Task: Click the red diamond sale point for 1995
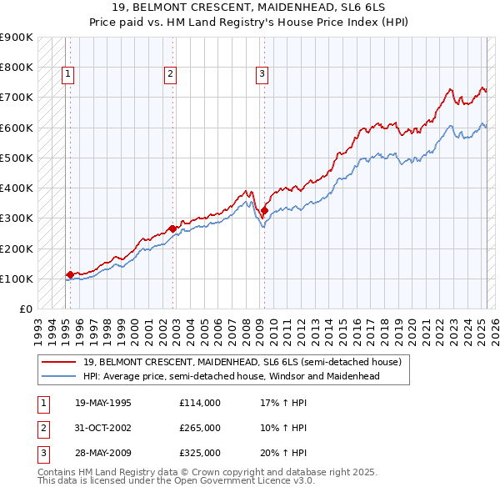(70, 274)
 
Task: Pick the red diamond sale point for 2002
(172, 228)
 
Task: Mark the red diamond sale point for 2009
(264, 210)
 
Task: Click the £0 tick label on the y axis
(25, 309)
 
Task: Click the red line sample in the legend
(60, 362)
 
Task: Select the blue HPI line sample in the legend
(60, 376)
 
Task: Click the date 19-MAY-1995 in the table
(102, 404)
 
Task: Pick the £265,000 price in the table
(200, 428)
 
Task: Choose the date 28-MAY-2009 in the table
(102, 452)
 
